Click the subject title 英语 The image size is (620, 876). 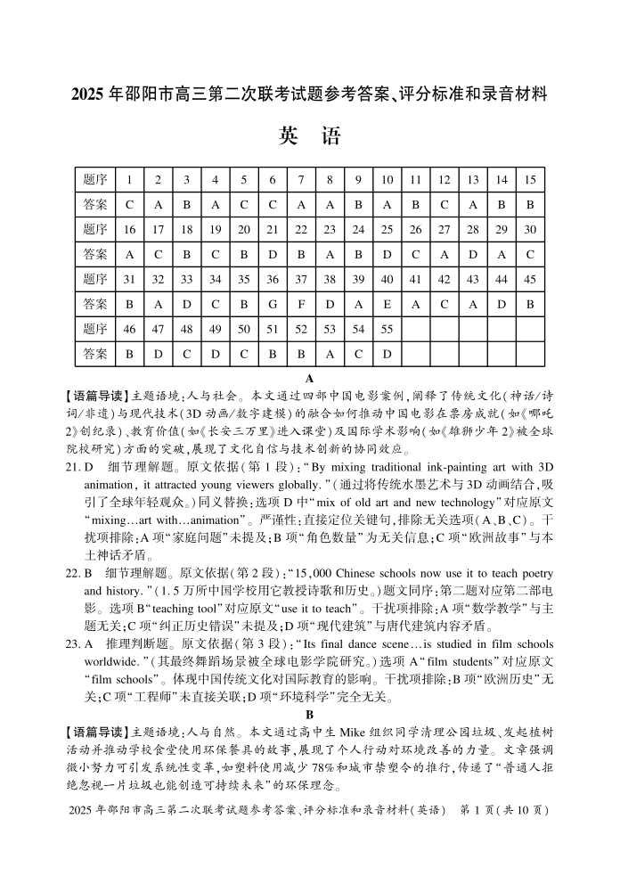[309, 136]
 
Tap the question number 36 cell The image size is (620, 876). [273, 279]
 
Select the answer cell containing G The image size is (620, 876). [273, 304]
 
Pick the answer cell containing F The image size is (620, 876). [301, 304]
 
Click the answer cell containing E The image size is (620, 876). [387, 304]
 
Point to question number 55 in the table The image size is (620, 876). [387, 329]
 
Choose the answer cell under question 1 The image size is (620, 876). [130, 204]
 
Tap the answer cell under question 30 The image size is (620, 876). [530, 254]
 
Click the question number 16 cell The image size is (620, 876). [130, 229]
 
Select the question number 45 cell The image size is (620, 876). [530, 279]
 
